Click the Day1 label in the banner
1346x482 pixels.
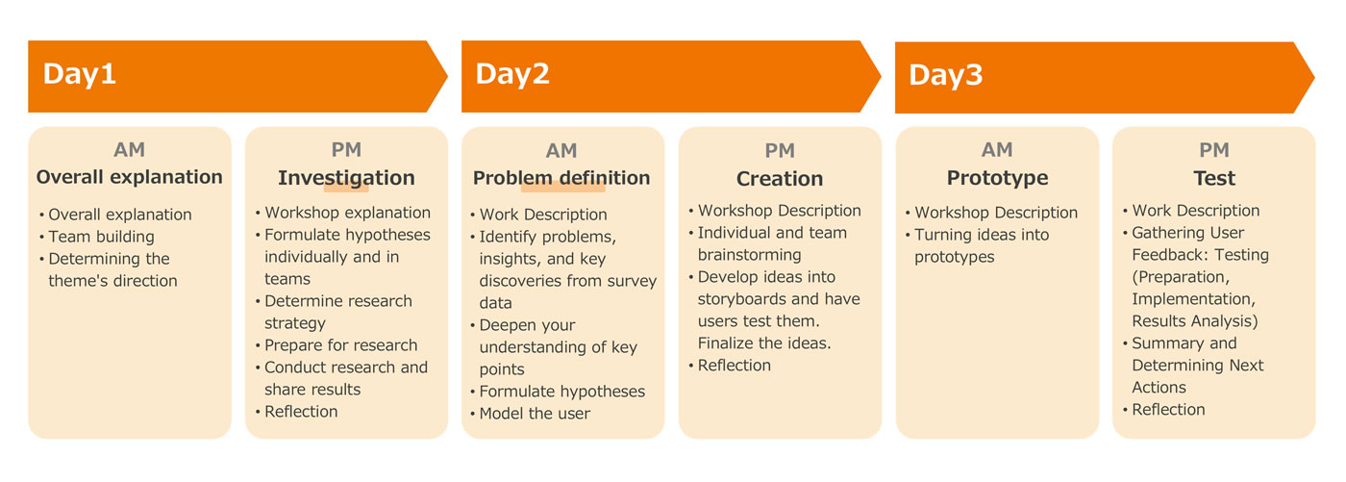(x=79, y=74)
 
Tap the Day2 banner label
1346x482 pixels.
(x=512, y=74)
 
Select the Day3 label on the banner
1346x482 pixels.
(x=946, y=76)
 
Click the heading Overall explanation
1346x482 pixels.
(x=129, y=177)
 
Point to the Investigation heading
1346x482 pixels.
(x=346, y=179)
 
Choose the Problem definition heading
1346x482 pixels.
(x=561, y=178)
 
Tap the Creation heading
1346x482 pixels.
(x=780, y=179)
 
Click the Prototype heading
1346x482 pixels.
(x=998, y=179)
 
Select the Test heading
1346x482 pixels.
(x=1214, y=179)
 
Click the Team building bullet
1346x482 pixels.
(x=102, y=237)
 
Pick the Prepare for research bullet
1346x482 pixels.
(x=340, y=345)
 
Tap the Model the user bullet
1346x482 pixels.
(x=535, y=414)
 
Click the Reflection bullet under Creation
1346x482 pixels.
(x=735, y=366)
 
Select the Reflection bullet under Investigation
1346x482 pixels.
(x=301, y=412)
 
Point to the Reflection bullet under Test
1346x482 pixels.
(x=1169, y=410)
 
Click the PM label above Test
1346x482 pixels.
(x=1214, y=150)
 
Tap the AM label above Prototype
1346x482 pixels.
(x=997, y=150)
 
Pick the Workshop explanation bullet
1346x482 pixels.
(x=347, y=214)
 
